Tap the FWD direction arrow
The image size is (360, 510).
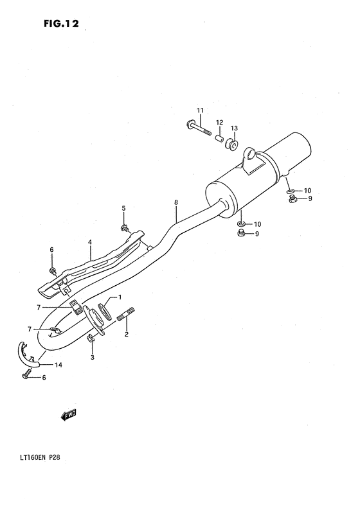pyautogui.click(x=68, y=416)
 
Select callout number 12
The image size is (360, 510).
pyautogui.click(x=219, y=122)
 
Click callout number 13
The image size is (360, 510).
pyautogui.click(x=234, y=128)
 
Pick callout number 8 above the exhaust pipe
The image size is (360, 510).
pyautogui.click(x=175, y=202)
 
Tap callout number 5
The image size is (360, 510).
pyautogui.click(x=124, y=208)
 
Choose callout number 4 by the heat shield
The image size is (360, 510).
pyautogui.click(x=90, y=242)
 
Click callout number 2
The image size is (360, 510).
pyautogui.click(x=127, y=334)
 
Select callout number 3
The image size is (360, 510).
pyautogui.click(x=92, y=357)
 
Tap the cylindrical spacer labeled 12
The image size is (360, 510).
pyautogui.click(x=219, y=137)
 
